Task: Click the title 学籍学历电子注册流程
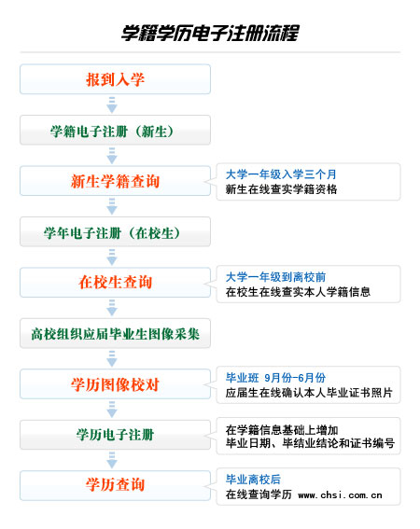(x=210, y=33)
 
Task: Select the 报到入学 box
(x=115, y=79)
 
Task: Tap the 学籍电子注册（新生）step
(x=115, y=131)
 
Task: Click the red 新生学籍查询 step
(x=115, y=181)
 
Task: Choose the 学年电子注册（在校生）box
(x=115, y=231)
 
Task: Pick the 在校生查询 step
(x=115, y=283)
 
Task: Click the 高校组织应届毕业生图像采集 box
(x=115, y=333)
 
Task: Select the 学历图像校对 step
(x=115, y=384)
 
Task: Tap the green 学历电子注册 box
(x=115, y=435)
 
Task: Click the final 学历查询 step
(x=115, y=485)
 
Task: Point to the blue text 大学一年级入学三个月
(x=281, y=174)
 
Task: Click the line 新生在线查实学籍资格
(x=281, y=189)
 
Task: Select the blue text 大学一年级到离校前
(x=275, y=277)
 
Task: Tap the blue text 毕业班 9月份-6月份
(x=275, y=378)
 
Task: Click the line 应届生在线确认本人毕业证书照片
(x=309, y=393)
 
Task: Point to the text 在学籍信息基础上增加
(x=282, y=430)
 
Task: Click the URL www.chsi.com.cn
(x=340, y=495)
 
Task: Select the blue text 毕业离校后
(x=253, y=480)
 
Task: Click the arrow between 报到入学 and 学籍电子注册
(x=112, y=104)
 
